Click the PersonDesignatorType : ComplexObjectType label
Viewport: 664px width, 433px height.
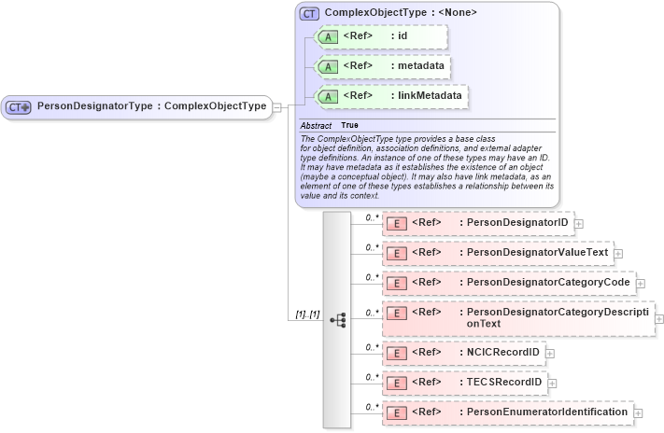point(150,106)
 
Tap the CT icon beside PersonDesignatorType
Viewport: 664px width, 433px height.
point(19,107)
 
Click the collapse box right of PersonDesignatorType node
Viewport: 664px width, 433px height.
point(277,107)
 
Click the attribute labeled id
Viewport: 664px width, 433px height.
point(383,36)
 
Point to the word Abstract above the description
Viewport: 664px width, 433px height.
point(316,125)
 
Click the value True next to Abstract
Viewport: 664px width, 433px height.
point(349,125)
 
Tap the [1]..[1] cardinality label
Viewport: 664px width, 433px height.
point(307,314)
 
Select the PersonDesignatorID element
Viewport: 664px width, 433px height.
point(479,223)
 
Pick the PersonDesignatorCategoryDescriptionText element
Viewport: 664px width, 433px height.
point(518,317)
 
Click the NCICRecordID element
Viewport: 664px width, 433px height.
point(465,352)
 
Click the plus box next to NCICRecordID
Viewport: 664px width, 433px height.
point(550,353)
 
